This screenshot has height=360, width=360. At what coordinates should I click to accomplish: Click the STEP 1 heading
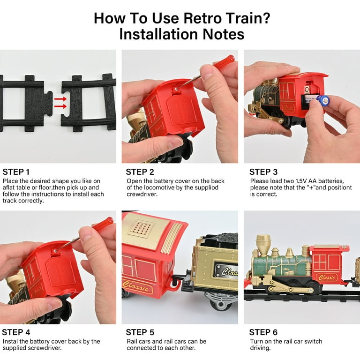coord(16,172)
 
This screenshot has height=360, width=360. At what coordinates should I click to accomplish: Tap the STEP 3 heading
coord(263,172)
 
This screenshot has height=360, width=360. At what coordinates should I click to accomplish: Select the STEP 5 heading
coord(140,332)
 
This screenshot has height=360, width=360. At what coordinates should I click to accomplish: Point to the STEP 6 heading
coord(263,332)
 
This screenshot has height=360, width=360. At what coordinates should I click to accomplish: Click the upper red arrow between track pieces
coord(60,99)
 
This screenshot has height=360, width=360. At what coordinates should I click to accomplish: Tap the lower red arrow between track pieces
coord(60,106)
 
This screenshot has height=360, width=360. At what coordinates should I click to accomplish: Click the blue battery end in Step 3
coord(325,100)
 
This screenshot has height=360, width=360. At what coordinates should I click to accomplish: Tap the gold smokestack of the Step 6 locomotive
coord(263,245)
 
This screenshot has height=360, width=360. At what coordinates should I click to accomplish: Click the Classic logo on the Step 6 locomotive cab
coord(326,277)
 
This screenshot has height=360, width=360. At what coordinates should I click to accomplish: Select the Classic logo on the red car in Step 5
coord(137,286)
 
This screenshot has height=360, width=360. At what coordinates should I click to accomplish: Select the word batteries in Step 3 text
coord(331,181)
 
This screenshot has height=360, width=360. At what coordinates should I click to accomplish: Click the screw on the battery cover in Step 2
coord(176,89)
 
